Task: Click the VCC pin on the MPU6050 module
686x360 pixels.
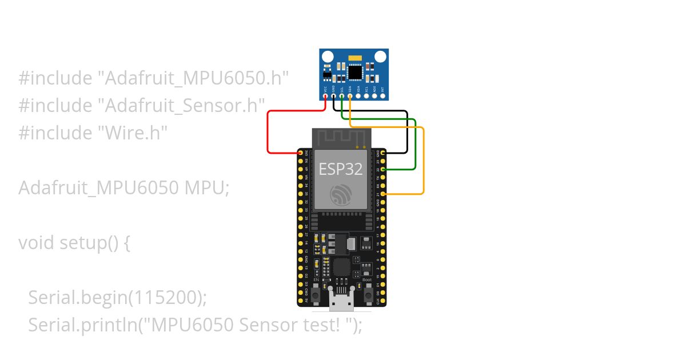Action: [x=325, y=96]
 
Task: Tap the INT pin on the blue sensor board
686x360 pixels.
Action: [x=382, y=96]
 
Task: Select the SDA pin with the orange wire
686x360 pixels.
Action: [x=350, y=96]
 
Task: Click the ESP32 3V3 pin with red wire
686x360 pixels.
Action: [x=301, y=153]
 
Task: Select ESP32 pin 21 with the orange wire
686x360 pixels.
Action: [x=382, y=194]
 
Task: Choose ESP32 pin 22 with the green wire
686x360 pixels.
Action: [x=382, y=170]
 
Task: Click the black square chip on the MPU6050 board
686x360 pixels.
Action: [x=356, y=73]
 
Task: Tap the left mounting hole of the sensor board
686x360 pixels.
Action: [x=328, y=57]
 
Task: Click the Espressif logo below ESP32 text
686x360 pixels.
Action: [x=341, y=195]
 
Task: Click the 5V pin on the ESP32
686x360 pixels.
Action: [x=301, y=300]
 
